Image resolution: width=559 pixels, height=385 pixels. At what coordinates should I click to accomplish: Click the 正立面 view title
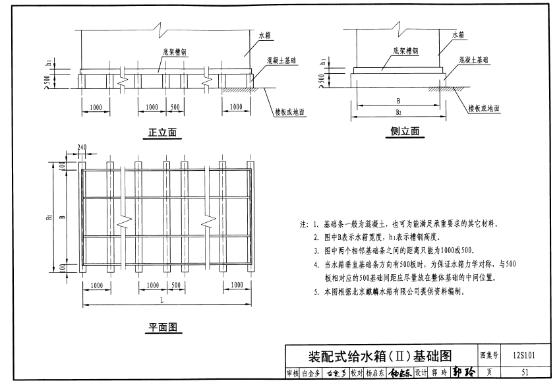point(162,133)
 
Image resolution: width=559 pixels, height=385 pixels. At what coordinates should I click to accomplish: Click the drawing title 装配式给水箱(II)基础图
point(380,356)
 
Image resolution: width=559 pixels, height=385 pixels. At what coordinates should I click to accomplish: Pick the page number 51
point(525,373)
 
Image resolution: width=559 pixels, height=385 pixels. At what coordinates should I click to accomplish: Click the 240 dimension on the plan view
point(82,148)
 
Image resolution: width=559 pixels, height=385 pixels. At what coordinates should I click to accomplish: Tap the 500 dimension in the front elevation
point(175,106)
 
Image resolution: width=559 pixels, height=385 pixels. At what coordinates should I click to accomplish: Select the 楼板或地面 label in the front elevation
point(289,112)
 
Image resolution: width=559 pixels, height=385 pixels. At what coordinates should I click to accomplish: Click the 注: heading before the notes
point(303,224)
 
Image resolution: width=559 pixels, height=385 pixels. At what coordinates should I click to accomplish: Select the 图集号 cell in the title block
point(490,356)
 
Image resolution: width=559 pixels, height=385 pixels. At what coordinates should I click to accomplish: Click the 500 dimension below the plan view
point(175,285)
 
